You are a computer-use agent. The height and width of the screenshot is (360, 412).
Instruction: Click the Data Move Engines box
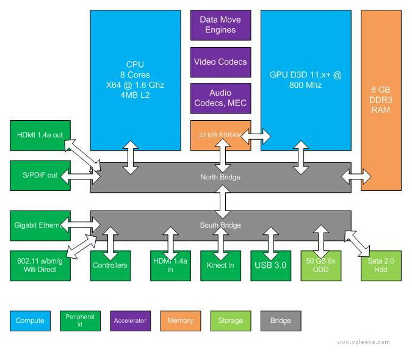click(x=221, y=25)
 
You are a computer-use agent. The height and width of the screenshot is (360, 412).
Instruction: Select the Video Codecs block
click(x=221, y=62)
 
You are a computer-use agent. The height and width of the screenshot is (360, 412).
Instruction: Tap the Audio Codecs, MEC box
click(x=221, y=98)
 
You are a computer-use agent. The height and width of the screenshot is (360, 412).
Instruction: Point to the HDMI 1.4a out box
click(x=40, y=135)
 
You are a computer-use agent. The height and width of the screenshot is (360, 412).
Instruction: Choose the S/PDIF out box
click(x=40, y=175)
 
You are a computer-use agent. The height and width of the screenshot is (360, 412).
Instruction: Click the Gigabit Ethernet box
click(x=40, y=226)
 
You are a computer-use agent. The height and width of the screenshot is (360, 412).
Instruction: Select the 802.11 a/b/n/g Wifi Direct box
click(x=40, y=266)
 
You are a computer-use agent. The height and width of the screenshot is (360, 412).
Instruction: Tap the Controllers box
click(x=110, y=266)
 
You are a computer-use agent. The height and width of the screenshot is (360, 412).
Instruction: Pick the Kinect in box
click(x=221, y=266)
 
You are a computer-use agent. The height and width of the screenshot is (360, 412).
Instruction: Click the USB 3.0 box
click(x=271, y=266)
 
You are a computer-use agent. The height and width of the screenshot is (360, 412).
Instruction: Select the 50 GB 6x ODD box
click(x=321, y=266)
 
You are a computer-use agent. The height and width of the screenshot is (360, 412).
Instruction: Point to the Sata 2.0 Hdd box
click(x=381, y=266)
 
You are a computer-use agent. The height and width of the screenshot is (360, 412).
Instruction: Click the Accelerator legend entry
click(x=131, y=321)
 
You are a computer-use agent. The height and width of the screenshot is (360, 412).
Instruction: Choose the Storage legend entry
click(x=231, y=321)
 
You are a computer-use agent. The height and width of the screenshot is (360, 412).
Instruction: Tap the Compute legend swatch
click(x=31, y=321)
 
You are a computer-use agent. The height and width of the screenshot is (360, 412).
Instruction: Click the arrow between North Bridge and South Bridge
click(x=223, y=202)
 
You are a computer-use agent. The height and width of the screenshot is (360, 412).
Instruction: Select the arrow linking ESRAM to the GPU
click(x=256, y=137)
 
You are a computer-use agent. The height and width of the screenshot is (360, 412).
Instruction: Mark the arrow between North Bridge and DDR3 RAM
click(x=356, y=177)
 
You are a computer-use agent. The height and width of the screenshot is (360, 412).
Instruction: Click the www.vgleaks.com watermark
click(x=364, y=342)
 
